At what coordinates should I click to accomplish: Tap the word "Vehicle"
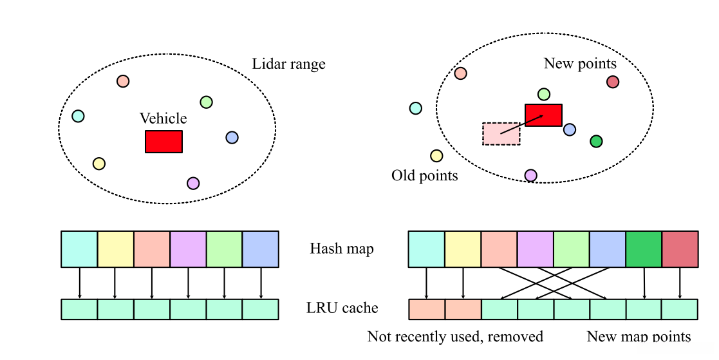163,118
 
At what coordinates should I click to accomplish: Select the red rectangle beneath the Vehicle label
163,142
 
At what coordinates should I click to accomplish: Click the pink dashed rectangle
501,133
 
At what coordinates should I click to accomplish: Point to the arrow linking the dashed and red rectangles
521,125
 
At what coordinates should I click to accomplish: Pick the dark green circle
596,141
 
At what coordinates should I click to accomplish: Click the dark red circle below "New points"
613,82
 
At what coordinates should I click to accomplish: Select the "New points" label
580,64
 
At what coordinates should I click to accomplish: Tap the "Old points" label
425,176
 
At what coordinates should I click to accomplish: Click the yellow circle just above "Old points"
436,156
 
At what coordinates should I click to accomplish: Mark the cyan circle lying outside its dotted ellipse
416,108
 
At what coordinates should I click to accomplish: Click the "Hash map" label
341,249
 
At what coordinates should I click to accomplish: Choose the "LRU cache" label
342,308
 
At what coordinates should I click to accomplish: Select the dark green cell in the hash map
644,249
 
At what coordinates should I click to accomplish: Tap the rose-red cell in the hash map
680,249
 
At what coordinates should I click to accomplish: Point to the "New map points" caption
639,337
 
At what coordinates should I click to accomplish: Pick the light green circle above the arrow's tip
544,95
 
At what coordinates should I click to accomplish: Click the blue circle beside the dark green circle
570,130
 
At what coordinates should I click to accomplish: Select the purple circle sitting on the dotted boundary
530,175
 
